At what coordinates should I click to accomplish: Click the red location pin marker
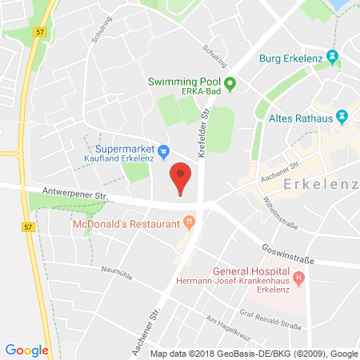[x=182, y=177]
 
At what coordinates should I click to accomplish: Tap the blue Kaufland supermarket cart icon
[x=163, y=149]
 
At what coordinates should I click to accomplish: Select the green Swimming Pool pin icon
[x=230, y=82]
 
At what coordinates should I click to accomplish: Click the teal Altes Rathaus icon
[x=342, y=116]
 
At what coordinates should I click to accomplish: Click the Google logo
[x=27, y=349]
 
